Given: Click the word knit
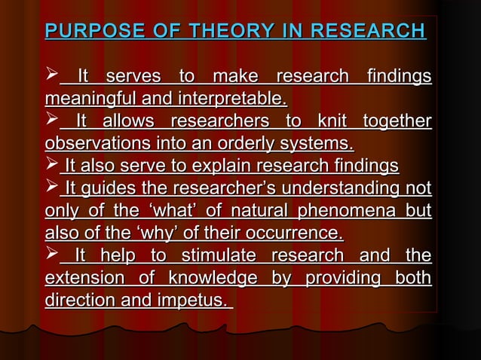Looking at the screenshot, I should click(x=332, y=121).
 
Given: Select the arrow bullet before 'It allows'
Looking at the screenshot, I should click(x=52, y=121).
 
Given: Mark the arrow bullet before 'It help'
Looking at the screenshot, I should click(x=52, y=255).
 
